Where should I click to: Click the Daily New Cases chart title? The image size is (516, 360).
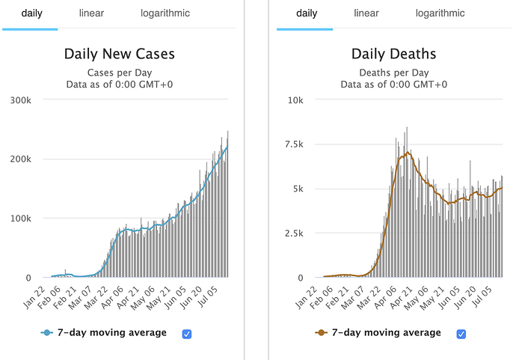click(120, 54)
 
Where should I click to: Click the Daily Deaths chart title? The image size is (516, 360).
click(394, 54)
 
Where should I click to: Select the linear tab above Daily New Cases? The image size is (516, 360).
click(91, 13)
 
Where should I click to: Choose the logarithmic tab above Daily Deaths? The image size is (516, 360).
click(440, 13)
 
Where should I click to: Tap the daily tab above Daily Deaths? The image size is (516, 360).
click(307, 13)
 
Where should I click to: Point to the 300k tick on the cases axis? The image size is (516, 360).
click(20, 100)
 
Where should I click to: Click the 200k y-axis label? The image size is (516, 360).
click(20, 159)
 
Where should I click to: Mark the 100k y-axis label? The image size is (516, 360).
click(20, 219)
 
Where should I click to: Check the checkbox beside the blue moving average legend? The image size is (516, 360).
click(187, 334)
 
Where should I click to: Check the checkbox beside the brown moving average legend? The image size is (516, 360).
click(461, 334)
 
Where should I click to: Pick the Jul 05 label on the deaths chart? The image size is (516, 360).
click(491, 299)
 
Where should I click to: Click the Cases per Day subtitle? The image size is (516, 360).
click(120, 73)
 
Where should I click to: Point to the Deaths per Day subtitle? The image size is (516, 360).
click(394, 73)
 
